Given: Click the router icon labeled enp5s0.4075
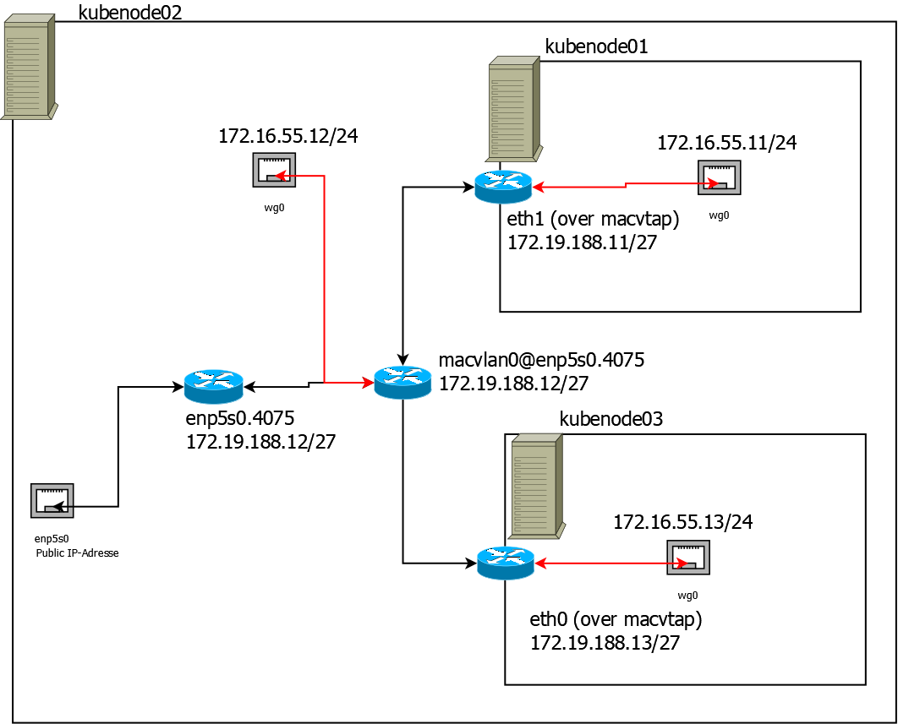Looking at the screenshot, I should (x=213, y=386).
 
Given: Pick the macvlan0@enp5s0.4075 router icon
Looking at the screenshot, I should (x=403, y=383).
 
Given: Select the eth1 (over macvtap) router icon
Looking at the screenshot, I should (x=503, y=187).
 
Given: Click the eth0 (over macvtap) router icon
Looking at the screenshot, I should (x=506, y=563).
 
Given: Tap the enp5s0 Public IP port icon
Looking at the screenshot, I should (x=52, y=500).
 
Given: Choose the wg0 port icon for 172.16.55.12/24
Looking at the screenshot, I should (x=273, y=170).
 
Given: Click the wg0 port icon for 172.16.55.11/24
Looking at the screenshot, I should (x=719, y=177).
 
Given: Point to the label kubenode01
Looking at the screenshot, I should (x=596, y=46).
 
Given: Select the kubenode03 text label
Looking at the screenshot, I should (x=611, y=419).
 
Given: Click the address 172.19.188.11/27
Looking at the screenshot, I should (x=583, y=243).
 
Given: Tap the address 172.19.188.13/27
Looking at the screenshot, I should (x=605, y=643).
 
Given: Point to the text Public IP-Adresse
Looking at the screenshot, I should (x=77, y=553).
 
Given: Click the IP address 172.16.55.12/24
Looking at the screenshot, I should (x=288, y=135).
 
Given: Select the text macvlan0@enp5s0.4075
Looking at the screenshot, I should (x=541, y=361).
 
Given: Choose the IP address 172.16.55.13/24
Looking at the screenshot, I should (x=682, y=522).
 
